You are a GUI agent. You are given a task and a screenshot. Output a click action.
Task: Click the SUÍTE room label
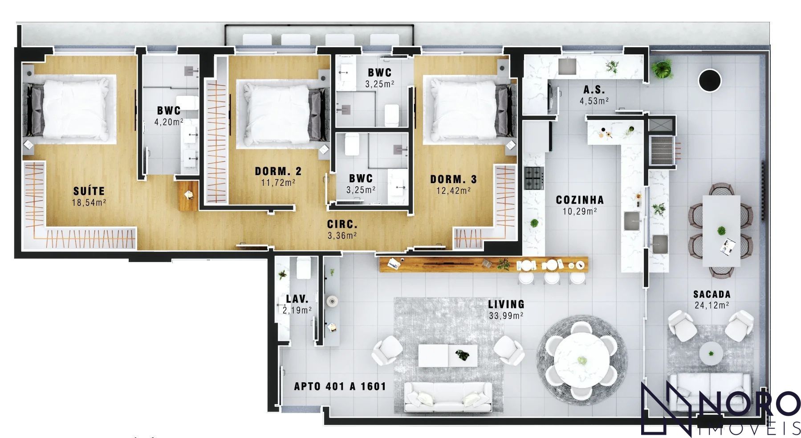pyautogui.click(x=89, y=191)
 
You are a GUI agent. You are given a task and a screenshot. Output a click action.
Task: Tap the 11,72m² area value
pyautogui.click(x=278, y=182)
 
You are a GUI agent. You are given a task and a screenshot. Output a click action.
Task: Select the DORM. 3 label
pyautogui.click(x=453, y=180)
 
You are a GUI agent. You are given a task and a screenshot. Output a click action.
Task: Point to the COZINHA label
pyautogui.click(x=580, y=200)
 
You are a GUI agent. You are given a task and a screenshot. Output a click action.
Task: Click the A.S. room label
pyautogui.click(x=594, y=90)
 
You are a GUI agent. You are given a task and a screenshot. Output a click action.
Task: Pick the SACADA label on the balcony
pyautogui.click(x=712, y=294)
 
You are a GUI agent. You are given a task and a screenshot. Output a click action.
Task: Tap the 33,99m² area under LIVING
pyautogui.click(x=506, y=316)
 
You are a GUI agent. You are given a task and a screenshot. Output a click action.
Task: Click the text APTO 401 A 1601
pyautogui.click(x=340, y=386)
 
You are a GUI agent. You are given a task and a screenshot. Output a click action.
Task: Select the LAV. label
pyautogui.click(x=297, y=299)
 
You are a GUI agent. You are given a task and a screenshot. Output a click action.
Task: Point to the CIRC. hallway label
pyautogui.click(x=342, y=225)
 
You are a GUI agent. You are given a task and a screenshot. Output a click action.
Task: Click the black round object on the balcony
pyautogui.click(x=710, y=81)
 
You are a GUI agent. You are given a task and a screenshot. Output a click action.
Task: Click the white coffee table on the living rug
pyautogui.click(x=448, y=356)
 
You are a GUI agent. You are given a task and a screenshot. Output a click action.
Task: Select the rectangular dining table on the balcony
pyautogui.click(x=721, y=231)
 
